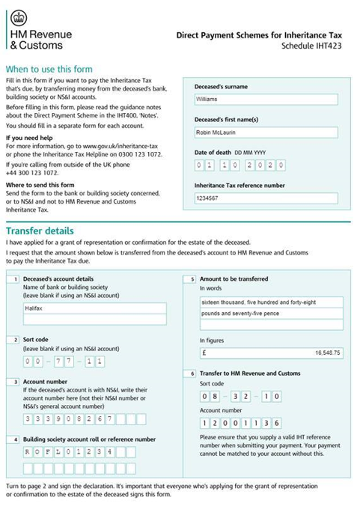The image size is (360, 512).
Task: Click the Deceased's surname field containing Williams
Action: point(265,99)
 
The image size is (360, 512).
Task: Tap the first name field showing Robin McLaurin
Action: point(265,132)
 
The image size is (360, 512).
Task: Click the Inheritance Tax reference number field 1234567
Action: point(265,198)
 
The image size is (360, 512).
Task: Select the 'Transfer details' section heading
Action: point(40,231)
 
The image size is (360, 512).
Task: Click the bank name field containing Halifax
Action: point(94,308)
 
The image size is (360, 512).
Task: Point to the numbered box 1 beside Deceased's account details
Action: point(14,279)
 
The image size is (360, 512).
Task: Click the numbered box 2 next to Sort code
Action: point(14,340)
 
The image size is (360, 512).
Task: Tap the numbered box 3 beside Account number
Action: point(14,382)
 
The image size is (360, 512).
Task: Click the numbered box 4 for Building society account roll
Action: point(14,439)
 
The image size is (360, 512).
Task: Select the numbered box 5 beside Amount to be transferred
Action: point(192,279)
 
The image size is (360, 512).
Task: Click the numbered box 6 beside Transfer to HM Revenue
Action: point(192,374)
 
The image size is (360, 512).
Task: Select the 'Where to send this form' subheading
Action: point(40,184)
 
